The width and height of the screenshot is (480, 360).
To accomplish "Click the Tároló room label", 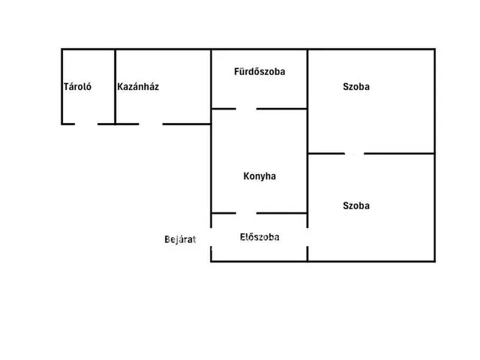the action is (x=77, y=87).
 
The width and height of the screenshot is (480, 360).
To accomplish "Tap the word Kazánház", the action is (x=138, y=87).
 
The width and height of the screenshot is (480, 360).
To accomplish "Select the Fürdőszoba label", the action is (x=259, y=71).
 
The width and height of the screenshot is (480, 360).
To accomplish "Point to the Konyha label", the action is (x=259, y=176).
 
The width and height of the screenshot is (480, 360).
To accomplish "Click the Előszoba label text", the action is (x=259, y=237).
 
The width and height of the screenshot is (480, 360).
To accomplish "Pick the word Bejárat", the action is (x=180, y=239).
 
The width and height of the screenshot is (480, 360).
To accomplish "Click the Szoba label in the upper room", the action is (x=356, y=87).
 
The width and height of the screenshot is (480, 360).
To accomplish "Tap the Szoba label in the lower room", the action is (x=356, y=205).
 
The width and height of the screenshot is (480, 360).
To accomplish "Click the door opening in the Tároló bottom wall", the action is (x=86, y=124).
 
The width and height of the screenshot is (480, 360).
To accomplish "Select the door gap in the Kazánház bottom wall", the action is (x=151, y=124).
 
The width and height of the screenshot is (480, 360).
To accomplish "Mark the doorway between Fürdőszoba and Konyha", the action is (x=246, y=109).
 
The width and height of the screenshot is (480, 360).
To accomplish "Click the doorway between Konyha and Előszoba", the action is (x=246, y=213).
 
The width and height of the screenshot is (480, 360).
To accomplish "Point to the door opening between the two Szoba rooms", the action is (x=354, y=153).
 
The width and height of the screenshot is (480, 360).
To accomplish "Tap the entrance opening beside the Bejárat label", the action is (x=211, y=237).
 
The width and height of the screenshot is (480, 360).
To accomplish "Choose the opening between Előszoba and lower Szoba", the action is (x=307, y=237).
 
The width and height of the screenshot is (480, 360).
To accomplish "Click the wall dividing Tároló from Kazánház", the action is (x=115, y=87).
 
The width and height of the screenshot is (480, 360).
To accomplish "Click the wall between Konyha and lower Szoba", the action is (x=307, y=183).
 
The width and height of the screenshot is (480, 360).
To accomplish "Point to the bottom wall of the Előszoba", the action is (x=259, y=262).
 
